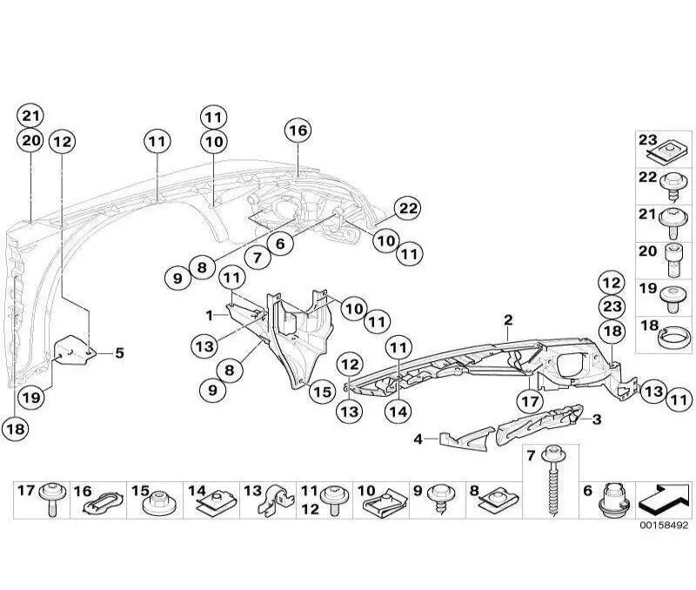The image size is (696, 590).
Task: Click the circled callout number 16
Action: point(298,131)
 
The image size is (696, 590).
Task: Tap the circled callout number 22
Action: point(407,208)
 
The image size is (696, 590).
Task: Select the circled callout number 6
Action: point(280,245)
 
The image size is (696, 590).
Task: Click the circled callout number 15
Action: point(322,392)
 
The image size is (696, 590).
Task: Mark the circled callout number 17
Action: point(529,401)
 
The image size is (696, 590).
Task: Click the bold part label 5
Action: point(118,353)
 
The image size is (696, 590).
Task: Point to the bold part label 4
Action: point(418,439)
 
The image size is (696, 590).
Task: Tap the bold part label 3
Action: point(597,419)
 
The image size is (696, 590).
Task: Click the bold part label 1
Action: point(210,313)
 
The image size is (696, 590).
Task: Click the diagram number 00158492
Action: point(664,526)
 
